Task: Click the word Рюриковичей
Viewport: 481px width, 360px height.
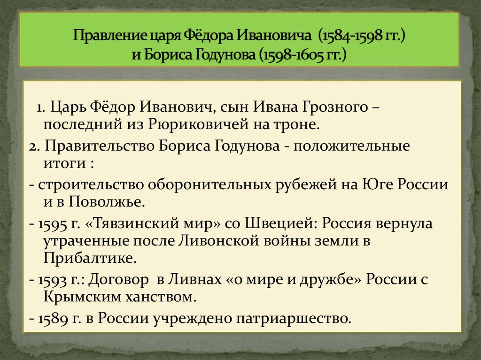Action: [195, 125]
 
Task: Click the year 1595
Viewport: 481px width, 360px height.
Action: [50, 223]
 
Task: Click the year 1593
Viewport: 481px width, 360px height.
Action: [50, 279]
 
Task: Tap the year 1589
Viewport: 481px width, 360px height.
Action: [50, 318]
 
